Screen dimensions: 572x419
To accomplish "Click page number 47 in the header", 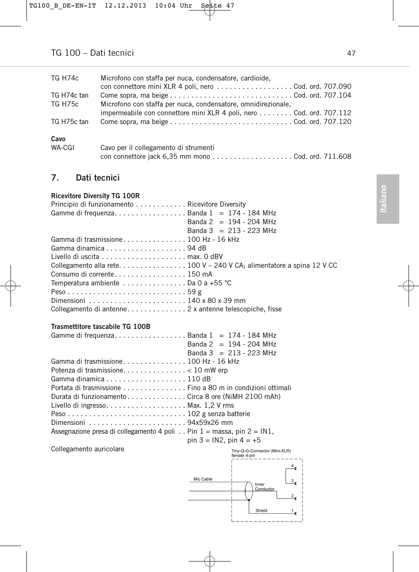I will (x=351, y=53).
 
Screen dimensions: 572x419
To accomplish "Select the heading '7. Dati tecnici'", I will (x=85, y=178).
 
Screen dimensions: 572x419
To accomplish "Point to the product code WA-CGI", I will (x=62, y=148).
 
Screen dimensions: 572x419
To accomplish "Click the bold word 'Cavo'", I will (x=58, y=139).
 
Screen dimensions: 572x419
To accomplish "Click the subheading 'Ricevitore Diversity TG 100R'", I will (x=95, y=196).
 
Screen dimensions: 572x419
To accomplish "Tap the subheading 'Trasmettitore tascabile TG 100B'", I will (x=101, y=326).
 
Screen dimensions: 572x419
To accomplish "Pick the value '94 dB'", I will (x=197, y=248).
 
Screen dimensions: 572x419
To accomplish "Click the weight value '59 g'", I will (x=194, y=292).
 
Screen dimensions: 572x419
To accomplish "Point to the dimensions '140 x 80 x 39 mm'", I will (x=216, y=300).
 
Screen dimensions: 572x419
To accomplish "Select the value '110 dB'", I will (x=199, y=379).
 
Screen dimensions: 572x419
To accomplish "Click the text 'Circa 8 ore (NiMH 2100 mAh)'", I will (x=234, y=396).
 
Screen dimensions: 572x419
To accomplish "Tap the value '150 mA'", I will (x=200, y=274).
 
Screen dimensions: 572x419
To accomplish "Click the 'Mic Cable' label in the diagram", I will (x=203, y=479).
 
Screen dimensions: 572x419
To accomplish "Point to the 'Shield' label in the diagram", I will (x=261, y=510).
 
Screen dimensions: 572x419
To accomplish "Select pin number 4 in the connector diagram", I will (x=292, y=466).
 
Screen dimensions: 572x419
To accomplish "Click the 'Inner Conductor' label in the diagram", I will (x=264, y=487).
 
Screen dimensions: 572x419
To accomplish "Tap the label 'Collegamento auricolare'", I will (x=88, y=449).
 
